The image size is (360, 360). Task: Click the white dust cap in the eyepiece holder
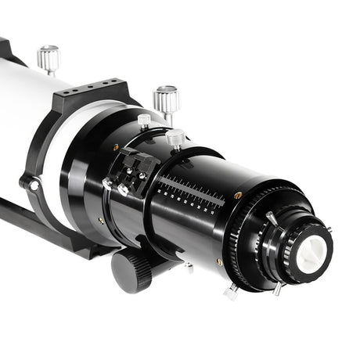pos(311,254)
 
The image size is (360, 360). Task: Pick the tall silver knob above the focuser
pos(165,99)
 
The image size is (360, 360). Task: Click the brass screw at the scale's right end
pos(237,195)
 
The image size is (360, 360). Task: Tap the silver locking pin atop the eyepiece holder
pos(271,217)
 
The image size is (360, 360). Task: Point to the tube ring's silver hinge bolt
pos(32,185)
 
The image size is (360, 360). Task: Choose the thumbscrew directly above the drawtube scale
pos(175,139)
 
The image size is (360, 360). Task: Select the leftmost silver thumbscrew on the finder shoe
pos(107,184)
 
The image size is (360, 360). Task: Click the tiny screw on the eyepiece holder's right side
pos(329,229)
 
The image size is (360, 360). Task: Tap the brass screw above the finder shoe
pos(116,146)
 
